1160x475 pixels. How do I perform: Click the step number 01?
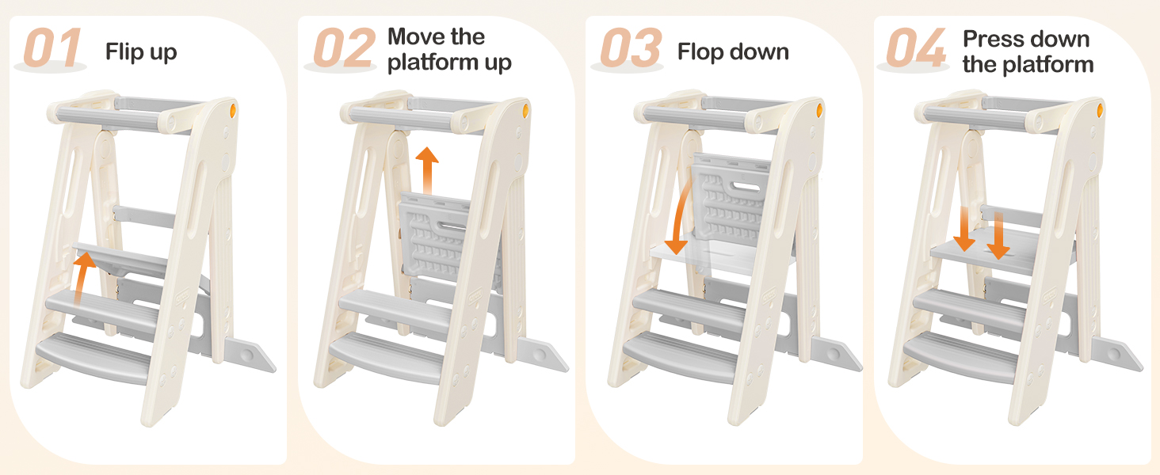[52, 47]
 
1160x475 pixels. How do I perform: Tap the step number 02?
[345, 47]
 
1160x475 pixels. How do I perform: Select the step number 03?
[632, 47]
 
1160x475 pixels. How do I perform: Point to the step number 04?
[916, 47]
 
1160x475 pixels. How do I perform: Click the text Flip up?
[141, 52]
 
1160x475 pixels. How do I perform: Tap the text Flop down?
[733, 51]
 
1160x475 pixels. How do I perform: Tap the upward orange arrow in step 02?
[427, 170]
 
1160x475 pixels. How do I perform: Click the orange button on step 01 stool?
[232, 110]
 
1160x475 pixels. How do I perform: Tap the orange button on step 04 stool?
[1100, 110]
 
